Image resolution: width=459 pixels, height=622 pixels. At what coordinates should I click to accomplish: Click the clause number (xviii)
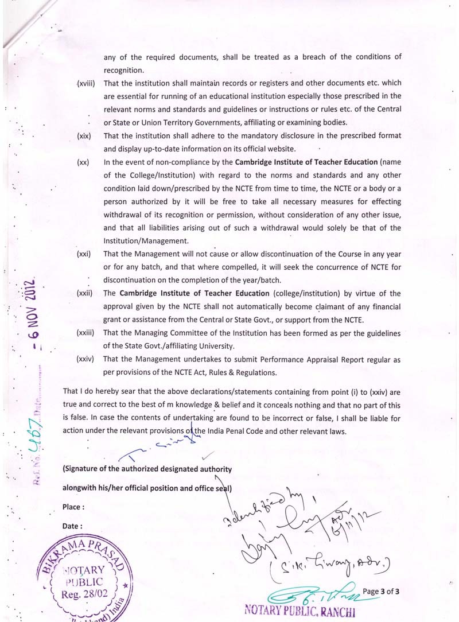85,83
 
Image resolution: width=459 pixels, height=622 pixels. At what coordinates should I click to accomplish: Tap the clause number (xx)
83,162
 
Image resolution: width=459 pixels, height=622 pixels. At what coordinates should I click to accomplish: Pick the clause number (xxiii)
85,333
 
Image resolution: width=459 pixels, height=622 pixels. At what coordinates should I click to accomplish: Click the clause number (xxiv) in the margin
85,359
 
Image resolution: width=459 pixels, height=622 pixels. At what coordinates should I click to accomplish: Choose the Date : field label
73,526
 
